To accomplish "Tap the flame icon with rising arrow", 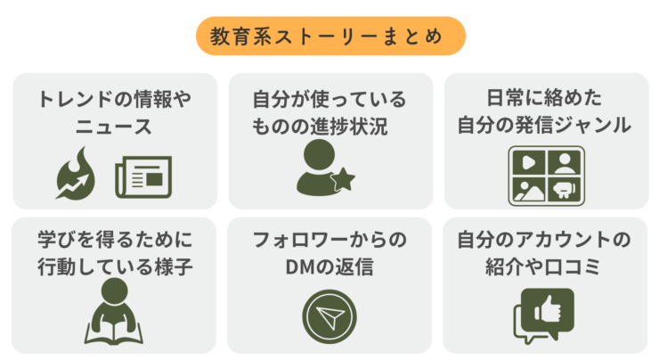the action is click(x=76, y=173).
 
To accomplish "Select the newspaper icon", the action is click(x=143, y=177).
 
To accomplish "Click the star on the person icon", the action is click(x=343, y=180).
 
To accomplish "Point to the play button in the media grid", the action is click(x=529, y=162).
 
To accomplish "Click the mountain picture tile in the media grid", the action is click(x=529, y=190).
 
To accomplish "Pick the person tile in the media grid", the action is click(x=565, y=162).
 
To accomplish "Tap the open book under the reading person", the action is click(x=113, y=333).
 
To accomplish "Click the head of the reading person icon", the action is click(x=114, y=291).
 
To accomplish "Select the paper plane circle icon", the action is click(x=329, y=316).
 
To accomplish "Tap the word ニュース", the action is click(x=113, y=127).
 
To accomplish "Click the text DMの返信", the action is click(x=329, y=266).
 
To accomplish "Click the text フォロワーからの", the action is click(x=329, y=240).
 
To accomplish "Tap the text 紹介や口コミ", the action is click(x=543, y=266).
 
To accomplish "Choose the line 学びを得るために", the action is click(x=115, y=240).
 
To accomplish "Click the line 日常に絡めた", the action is click(x=544, y=98).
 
